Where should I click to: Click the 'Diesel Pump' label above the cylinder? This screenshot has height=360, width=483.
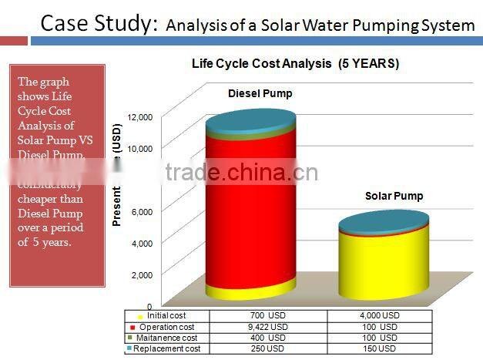click(260, 94)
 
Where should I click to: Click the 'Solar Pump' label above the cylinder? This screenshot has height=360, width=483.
click(394, 197)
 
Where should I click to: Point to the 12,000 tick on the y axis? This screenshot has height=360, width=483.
click(140, 116)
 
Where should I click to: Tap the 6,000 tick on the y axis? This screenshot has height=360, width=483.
click(146, 211)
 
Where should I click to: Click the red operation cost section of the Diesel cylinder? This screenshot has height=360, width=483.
click(250, 208)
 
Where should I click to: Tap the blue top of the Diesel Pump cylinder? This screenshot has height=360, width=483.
click(251, 119)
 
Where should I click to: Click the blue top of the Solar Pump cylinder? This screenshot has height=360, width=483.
click(384, 220)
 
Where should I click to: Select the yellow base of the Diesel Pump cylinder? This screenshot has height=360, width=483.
click(250, 291)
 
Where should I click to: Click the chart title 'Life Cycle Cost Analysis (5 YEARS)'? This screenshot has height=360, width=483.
click(295, 63)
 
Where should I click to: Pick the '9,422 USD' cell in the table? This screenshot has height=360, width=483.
click(268, 327)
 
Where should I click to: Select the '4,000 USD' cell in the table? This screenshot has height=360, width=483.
click(380, 316)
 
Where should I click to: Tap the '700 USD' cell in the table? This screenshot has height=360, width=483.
click(268, 316)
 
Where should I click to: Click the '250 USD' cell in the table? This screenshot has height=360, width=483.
click(268, 349)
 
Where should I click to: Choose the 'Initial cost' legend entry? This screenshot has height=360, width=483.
click(166, 316)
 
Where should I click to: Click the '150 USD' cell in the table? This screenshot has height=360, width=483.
click(380, 349)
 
